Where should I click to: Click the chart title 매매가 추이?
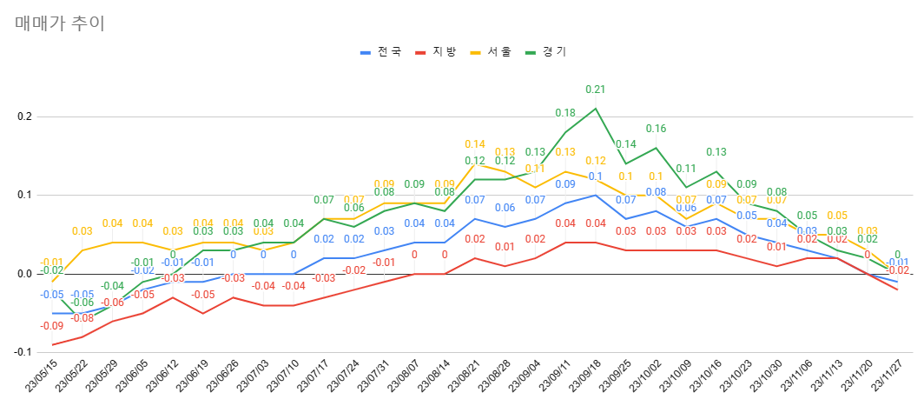coord(60,23)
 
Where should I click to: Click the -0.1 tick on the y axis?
coord(22,352)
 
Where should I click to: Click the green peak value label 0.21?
coord(595,89)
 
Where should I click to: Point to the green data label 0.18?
coord(565,113)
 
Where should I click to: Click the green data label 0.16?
coord(656,129)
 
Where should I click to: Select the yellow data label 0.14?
coord(475,144)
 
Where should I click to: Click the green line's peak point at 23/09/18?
coord(595,109)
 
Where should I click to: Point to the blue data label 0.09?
coord(565,184)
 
